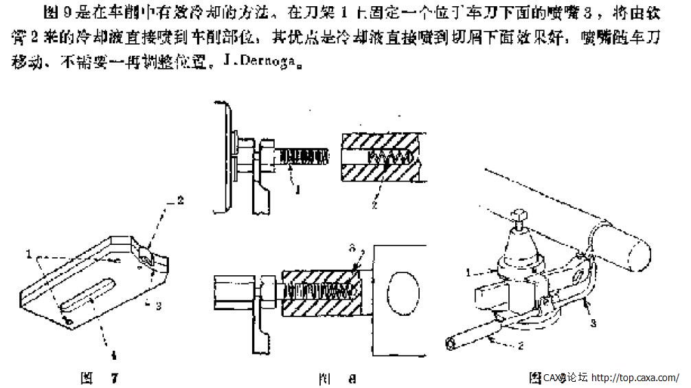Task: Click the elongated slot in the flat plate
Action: [x=86, y=294]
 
